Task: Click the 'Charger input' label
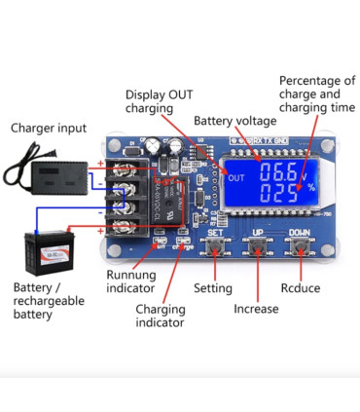48,128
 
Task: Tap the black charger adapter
48,172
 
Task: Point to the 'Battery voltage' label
234,121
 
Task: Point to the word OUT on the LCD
234,177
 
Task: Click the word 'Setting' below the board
212,289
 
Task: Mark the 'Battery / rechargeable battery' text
49,301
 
